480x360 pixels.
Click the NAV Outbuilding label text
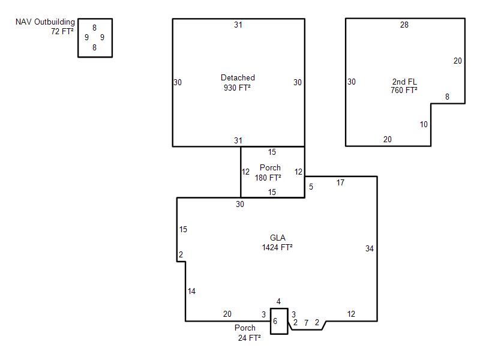point(45,22)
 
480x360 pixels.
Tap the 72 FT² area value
point(62,31)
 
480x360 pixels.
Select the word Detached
point(238,77)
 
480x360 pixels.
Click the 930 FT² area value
point(237,88)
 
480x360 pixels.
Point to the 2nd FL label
point(404,82)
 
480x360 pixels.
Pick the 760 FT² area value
point(404,90)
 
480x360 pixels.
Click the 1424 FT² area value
point(277,247)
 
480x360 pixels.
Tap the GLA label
point(278,238)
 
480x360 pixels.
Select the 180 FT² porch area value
point(268,178)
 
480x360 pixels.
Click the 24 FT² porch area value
point(249,338)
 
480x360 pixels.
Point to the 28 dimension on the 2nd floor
point(404,25)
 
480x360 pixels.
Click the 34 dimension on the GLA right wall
point(370,248)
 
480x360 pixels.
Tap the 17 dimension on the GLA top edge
point(340,183)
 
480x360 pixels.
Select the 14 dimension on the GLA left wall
point(191,291)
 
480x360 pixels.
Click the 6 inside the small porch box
point(275,321)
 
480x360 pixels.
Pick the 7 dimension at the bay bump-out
point(306,323)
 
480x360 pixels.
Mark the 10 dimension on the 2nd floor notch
point(424,124)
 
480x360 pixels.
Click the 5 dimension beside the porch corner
point(311,187)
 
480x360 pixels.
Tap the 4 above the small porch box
point(278,302)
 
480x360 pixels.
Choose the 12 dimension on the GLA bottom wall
point(351,314)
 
